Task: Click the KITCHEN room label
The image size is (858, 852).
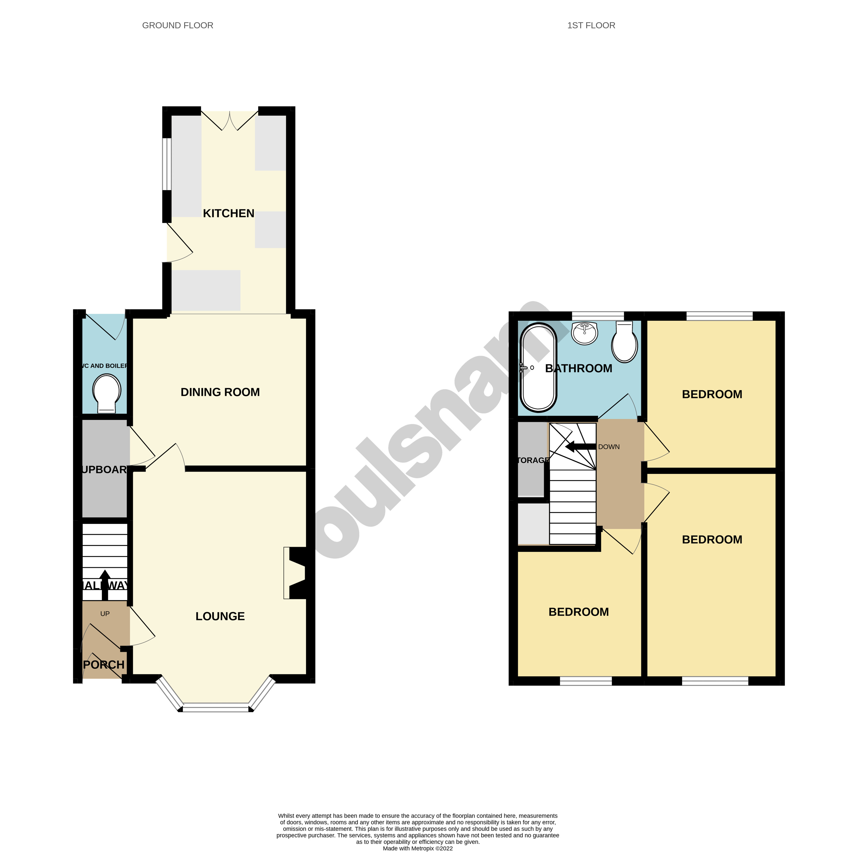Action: coord(228,213)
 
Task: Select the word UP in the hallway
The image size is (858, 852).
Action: coord(105,614)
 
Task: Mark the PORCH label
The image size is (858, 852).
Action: coord(104,665)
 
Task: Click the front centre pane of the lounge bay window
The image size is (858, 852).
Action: coord(216,708)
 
